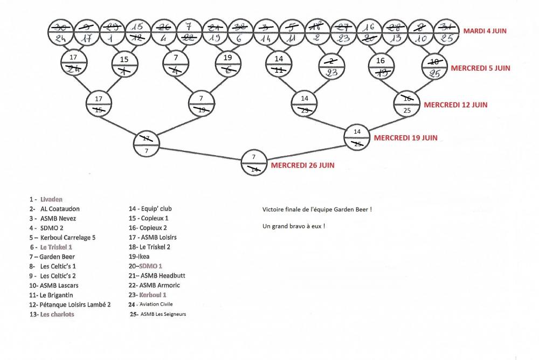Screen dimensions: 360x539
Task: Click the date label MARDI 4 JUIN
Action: tap(485, 31)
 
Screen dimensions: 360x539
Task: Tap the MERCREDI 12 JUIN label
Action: tap(455, 105)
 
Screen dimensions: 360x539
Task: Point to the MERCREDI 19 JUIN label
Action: tap(405, 138)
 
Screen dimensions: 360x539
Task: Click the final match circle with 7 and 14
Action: tap(254, 162)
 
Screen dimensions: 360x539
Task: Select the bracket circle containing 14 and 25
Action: tap(357, 137)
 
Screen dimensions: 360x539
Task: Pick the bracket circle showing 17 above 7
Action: tap(147, 142)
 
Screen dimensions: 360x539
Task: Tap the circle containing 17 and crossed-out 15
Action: tap(99, 105)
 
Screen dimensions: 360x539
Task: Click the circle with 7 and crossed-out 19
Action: tap(201, 105)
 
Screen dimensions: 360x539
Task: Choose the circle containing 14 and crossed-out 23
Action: tap(305, 104)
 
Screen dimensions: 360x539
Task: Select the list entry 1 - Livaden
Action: tap(48, 199)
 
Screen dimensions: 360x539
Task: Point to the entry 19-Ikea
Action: tap(139, 257)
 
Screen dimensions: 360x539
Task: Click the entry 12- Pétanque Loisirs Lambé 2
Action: tap(70, 304)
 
